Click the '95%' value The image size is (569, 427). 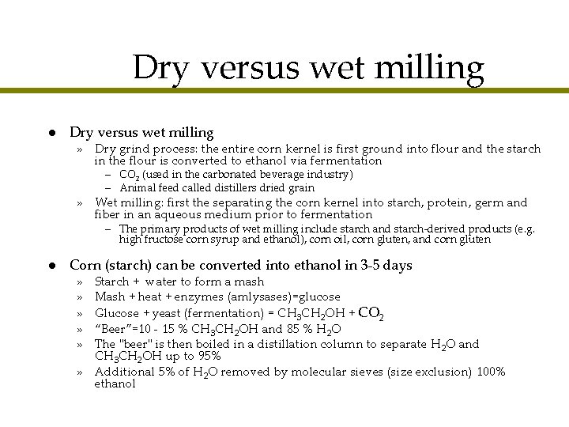pyautogui.click(x=208, y=357)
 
